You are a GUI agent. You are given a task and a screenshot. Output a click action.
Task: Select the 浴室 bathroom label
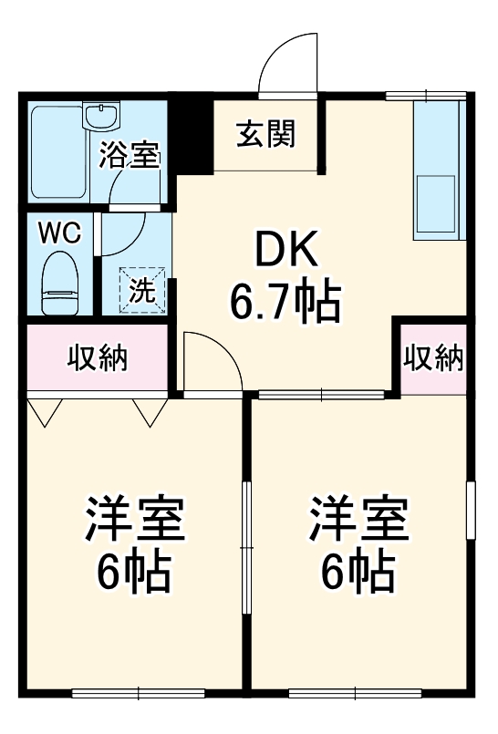coord(130,155)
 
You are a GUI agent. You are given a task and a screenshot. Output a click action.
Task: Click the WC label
coord(59,233)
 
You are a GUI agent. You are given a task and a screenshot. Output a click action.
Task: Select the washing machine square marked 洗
coord(142,290)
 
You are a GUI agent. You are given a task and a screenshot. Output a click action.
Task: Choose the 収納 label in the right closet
coord(434,358)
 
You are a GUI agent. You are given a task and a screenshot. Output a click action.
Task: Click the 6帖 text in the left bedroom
coord(136,573)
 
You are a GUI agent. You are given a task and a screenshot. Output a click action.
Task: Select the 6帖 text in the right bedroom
coord(358,573)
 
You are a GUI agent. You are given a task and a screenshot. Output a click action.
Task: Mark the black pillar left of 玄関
coord(192,135)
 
